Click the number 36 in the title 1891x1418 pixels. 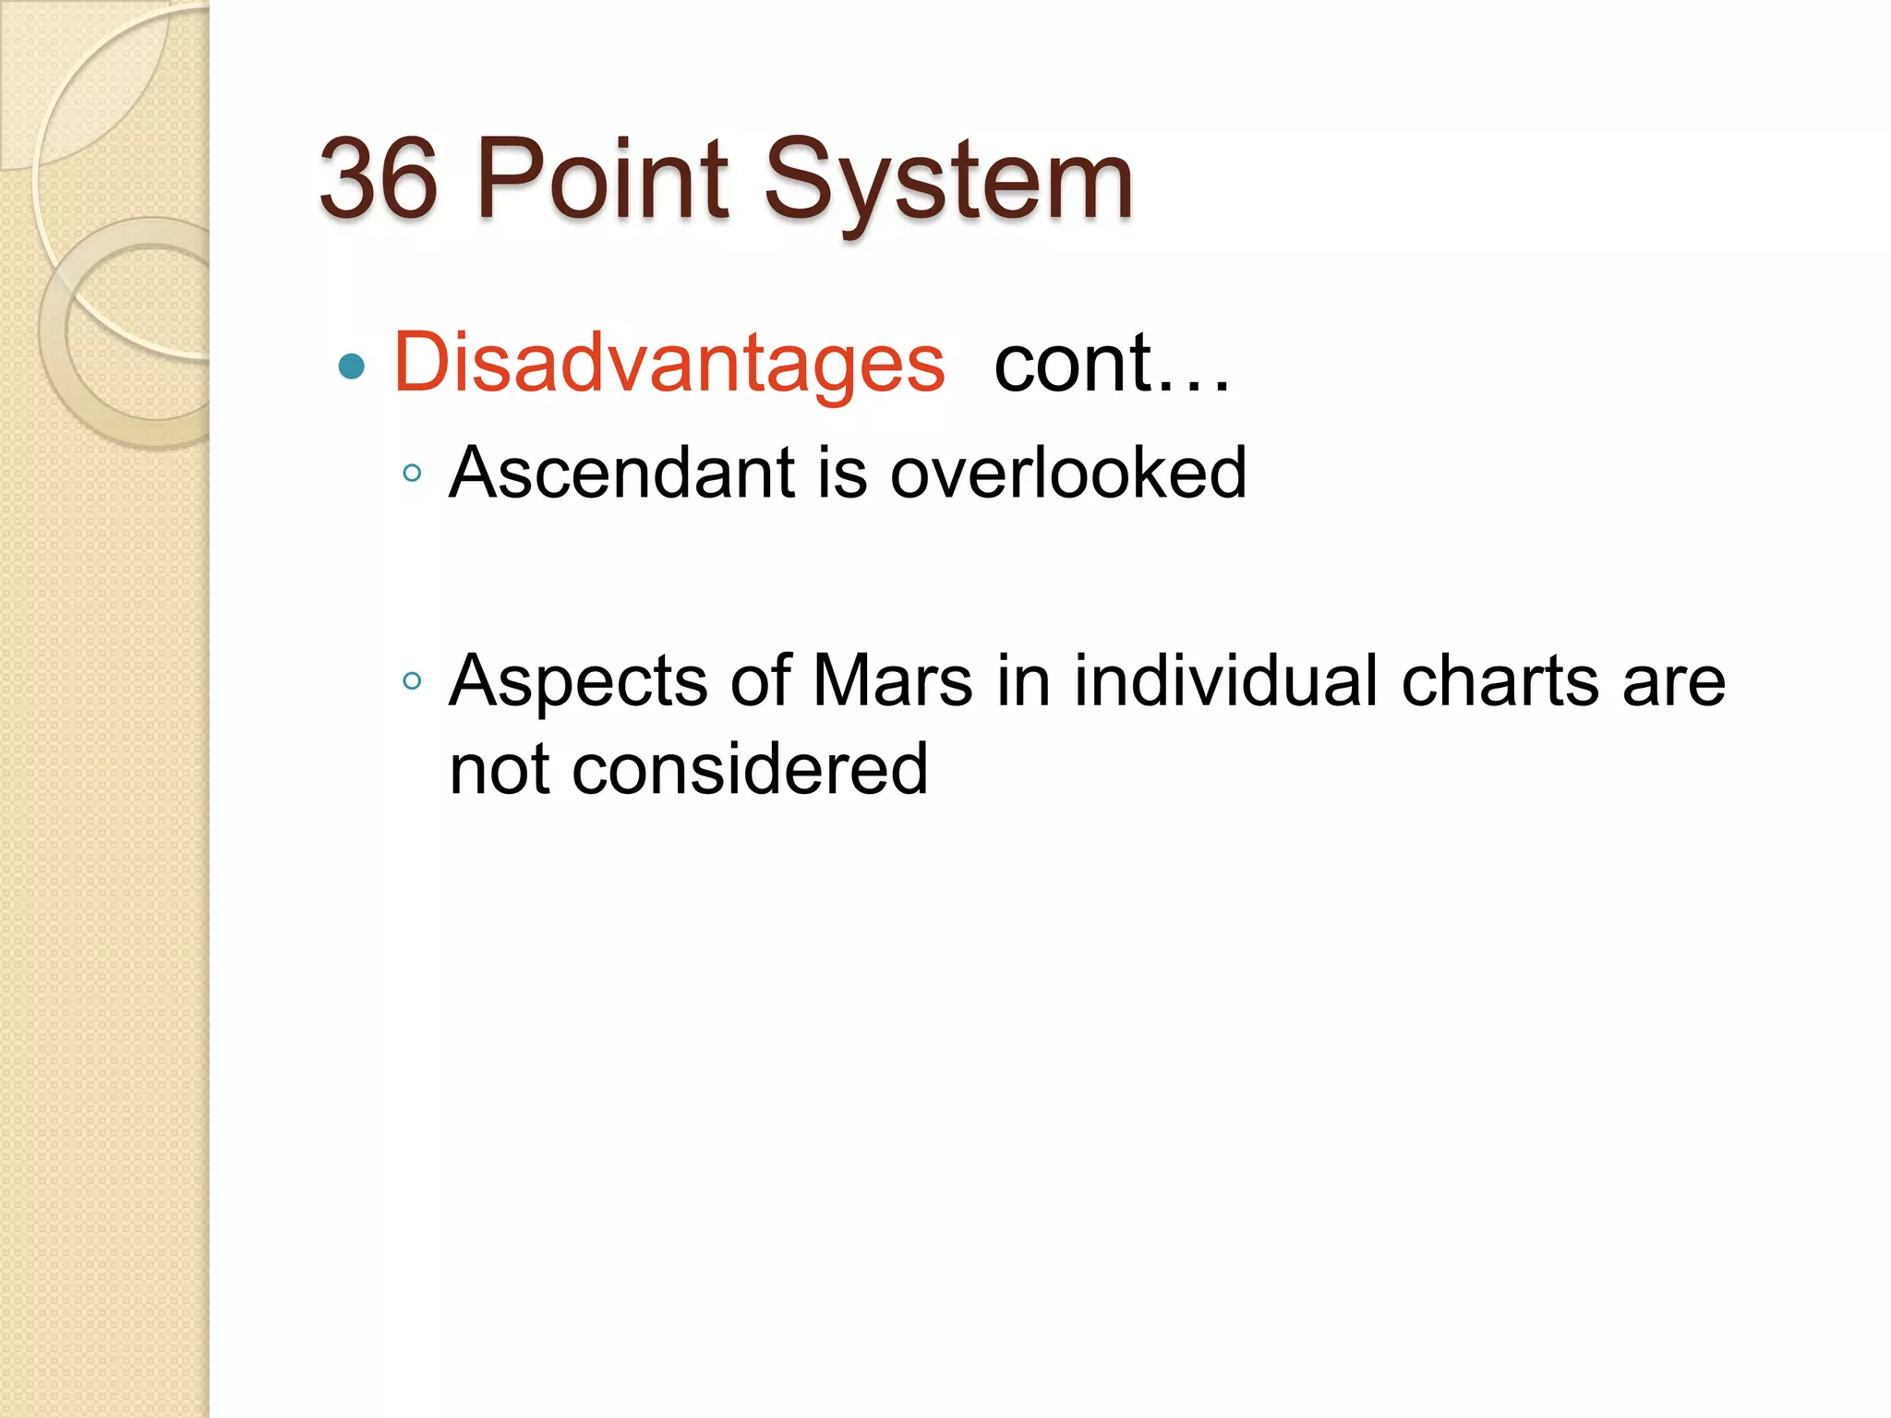tap(379, 179)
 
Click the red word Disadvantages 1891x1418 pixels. tap(669, 364)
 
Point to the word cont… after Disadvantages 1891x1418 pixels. tap(1112, 364)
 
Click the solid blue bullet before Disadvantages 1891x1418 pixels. tap(352, 367)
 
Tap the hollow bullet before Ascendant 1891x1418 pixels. tap(413, 475)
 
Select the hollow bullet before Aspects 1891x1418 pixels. tap(413, 682)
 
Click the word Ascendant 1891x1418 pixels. tap(622, 473)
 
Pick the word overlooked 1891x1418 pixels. tap(1068, 473)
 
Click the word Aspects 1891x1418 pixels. tap(579, 682)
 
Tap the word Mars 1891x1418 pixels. tap(892, 682)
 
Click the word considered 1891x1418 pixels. tap(750, 770)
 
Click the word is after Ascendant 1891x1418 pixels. tap(842, 473)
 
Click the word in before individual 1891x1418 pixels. tap(1024, 682)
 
